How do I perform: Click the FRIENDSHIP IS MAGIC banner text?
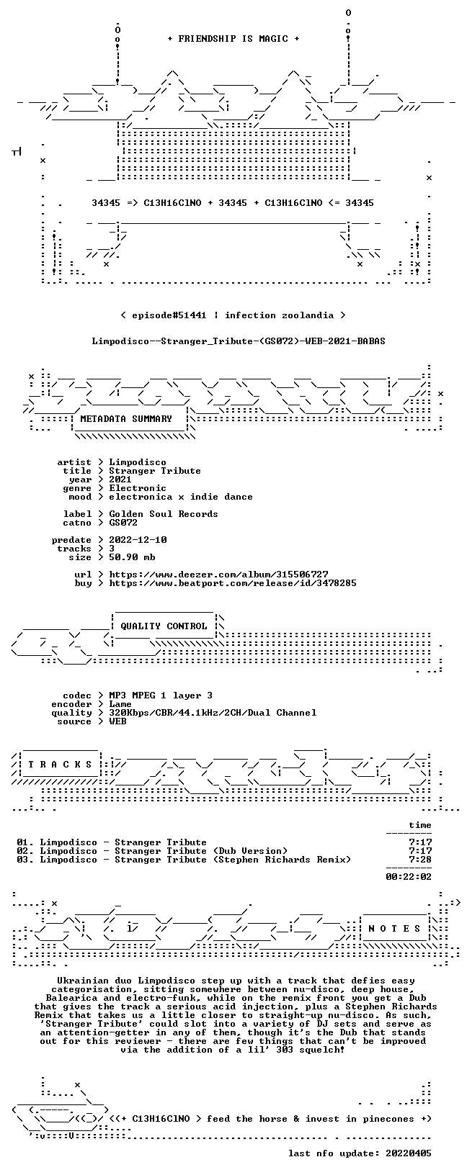point(233,38)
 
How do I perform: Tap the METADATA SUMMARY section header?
point(126,418)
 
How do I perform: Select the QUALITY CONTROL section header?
point(164,626)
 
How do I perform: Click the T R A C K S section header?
point(61,765)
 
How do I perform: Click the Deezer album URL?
point(218,575)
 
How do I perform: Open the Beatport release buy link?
point(233,582)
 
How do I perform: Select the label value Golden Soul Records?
point(164,513)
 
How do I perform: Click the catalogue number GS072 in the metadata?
point(123,523)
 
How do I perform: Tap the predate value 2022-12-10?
point(138,540)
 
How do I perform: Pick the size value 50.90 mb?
point(132,557)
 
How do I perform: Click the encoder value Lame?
point(120,704)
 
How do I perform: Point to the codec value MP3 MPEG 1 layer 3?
point(161,695)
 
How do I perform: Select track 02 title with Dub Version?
point(164,851)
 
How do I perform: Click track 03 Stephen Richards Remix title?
point(195,859)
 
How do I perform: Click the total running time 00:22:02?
point(409,876)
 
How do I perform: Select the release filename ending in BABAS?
point(239,341)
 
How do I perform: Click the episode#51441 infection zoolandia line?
point(233,315)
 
